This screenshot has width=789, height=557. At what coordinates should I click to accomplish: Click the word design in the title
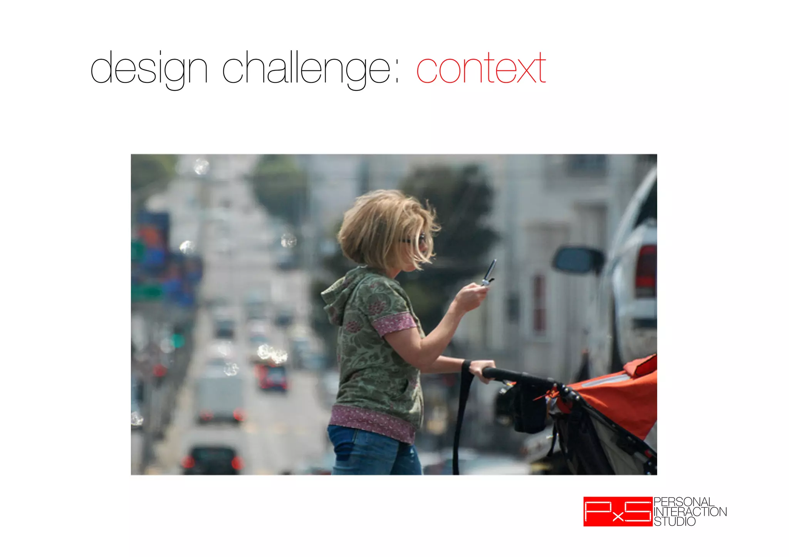pyautogui.click(x=149, y=69)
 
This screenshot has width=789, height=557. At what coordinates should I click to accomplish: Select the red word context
pyautogui.click(x=481, y=69)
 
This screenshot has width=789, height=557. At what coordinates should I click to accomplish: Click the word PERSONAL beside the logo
pyautogui.click(x=684, y=502)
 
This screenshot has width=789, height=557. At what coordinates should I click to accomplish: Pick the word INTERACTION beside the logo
pyautogui.click(x=690, y=512)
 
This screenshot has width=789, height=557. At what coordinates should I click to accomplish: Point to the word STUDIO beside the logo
pyautogui.click(x=675, y=522)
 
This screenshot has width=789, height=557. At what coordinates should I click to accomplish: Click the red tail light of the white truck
pyautogui.click(x=646, y=271)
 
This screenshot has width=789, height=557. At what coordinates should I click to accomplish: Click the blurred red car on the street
pyautogui.click(x=273, y=377)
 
